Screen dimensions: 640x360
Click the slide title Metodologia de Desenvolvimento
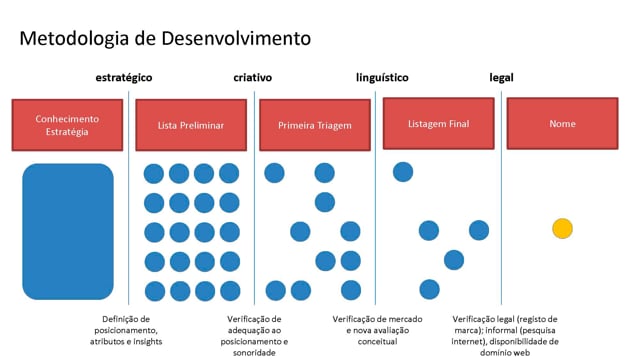click(x=165, y=39)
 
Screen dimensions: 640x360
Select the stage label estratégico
click(x=124, y=78)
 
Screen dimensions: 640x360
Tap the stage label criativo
click(x=253, y=78)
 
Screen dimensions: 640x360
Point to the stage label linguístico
click(x=382, y=78)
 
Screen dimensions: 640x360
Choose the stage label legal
click(x=501, y=78)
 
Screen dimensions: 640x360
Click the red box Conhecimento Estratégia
click(x=67, y=125)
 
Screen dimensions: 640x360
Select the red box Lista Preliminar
click(x=191, y=125)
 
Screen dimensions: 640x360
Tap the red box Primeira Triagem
click(x=315, y=125)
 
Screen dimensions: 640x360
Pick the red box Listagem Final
click(x=438, y=123)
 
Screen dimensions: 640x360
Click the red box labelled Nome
click(x=562, y=123)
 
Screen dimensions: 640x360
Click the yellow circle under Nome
click(x=562, y=229)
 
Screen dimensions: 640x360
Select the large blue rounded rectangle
click(x=68, y=231)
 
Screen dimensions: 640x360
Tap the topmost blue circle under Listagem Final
click(x=403, y=172)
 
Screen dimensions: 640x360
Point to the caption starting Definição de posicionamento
click(x=126, y=330)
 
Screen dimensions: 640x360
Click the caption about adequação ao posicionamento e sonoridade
click(x=254, y=336)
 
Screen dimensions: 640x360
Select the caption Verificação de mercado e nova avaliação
click(x=377, y=330)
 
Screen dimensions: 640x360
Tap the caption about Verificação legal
click(x=505, y=336)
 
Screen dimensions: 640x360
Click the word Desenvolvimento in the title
click(x=236, y=39)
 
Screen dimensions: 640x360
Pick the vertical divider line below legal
click(x=502, y=198)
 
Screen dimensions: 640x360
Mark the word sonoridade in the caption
click(x=254, y=353)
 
